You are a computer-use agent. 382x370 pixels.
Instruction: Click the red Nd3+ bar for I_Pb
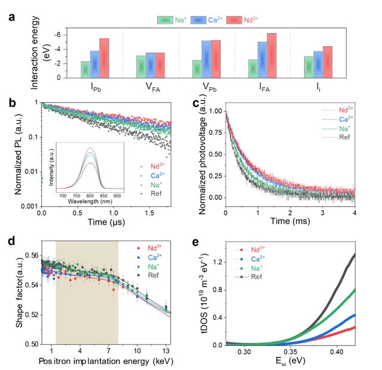(104, 58)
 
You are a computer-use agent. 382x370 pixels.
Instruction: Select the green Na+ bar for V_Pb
(198, 69)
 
